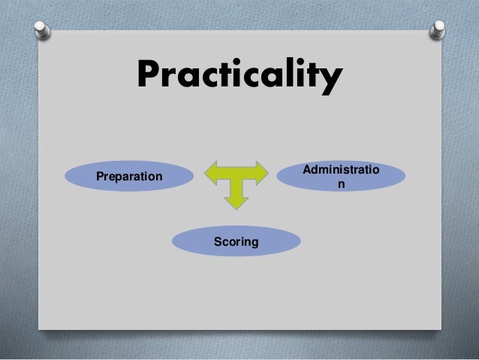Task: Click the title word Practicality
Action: click(x=239, y=77)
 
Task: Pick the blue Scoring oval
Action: click(x=236, y=242)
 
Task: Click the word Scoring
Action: click(x=236, y=242)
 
